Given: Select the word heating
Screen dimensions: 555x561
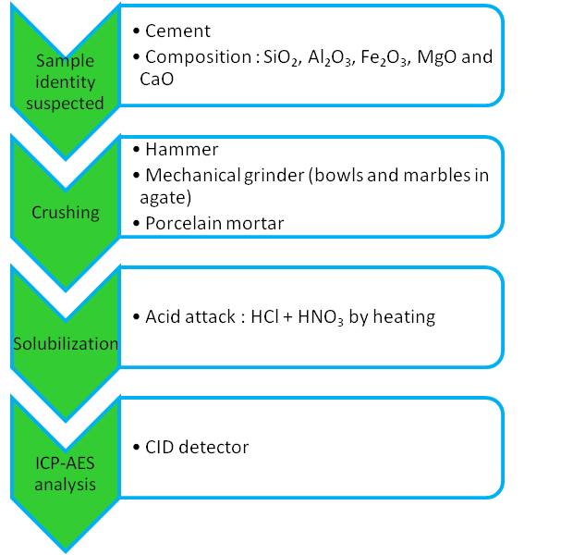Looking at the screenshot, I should (x=404, y=317).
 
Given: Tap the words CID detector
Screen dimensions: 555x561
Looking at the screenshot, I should (x=197, y=447).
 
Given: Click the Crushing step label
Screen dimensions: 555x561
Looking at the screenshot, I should (x=65, y=213).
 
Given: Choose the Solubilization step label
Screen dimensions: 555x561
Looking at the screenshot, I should (x=66, y=344).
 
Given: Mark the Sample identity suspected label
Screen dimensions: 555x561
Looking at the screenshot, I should (x=65, y=82).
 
